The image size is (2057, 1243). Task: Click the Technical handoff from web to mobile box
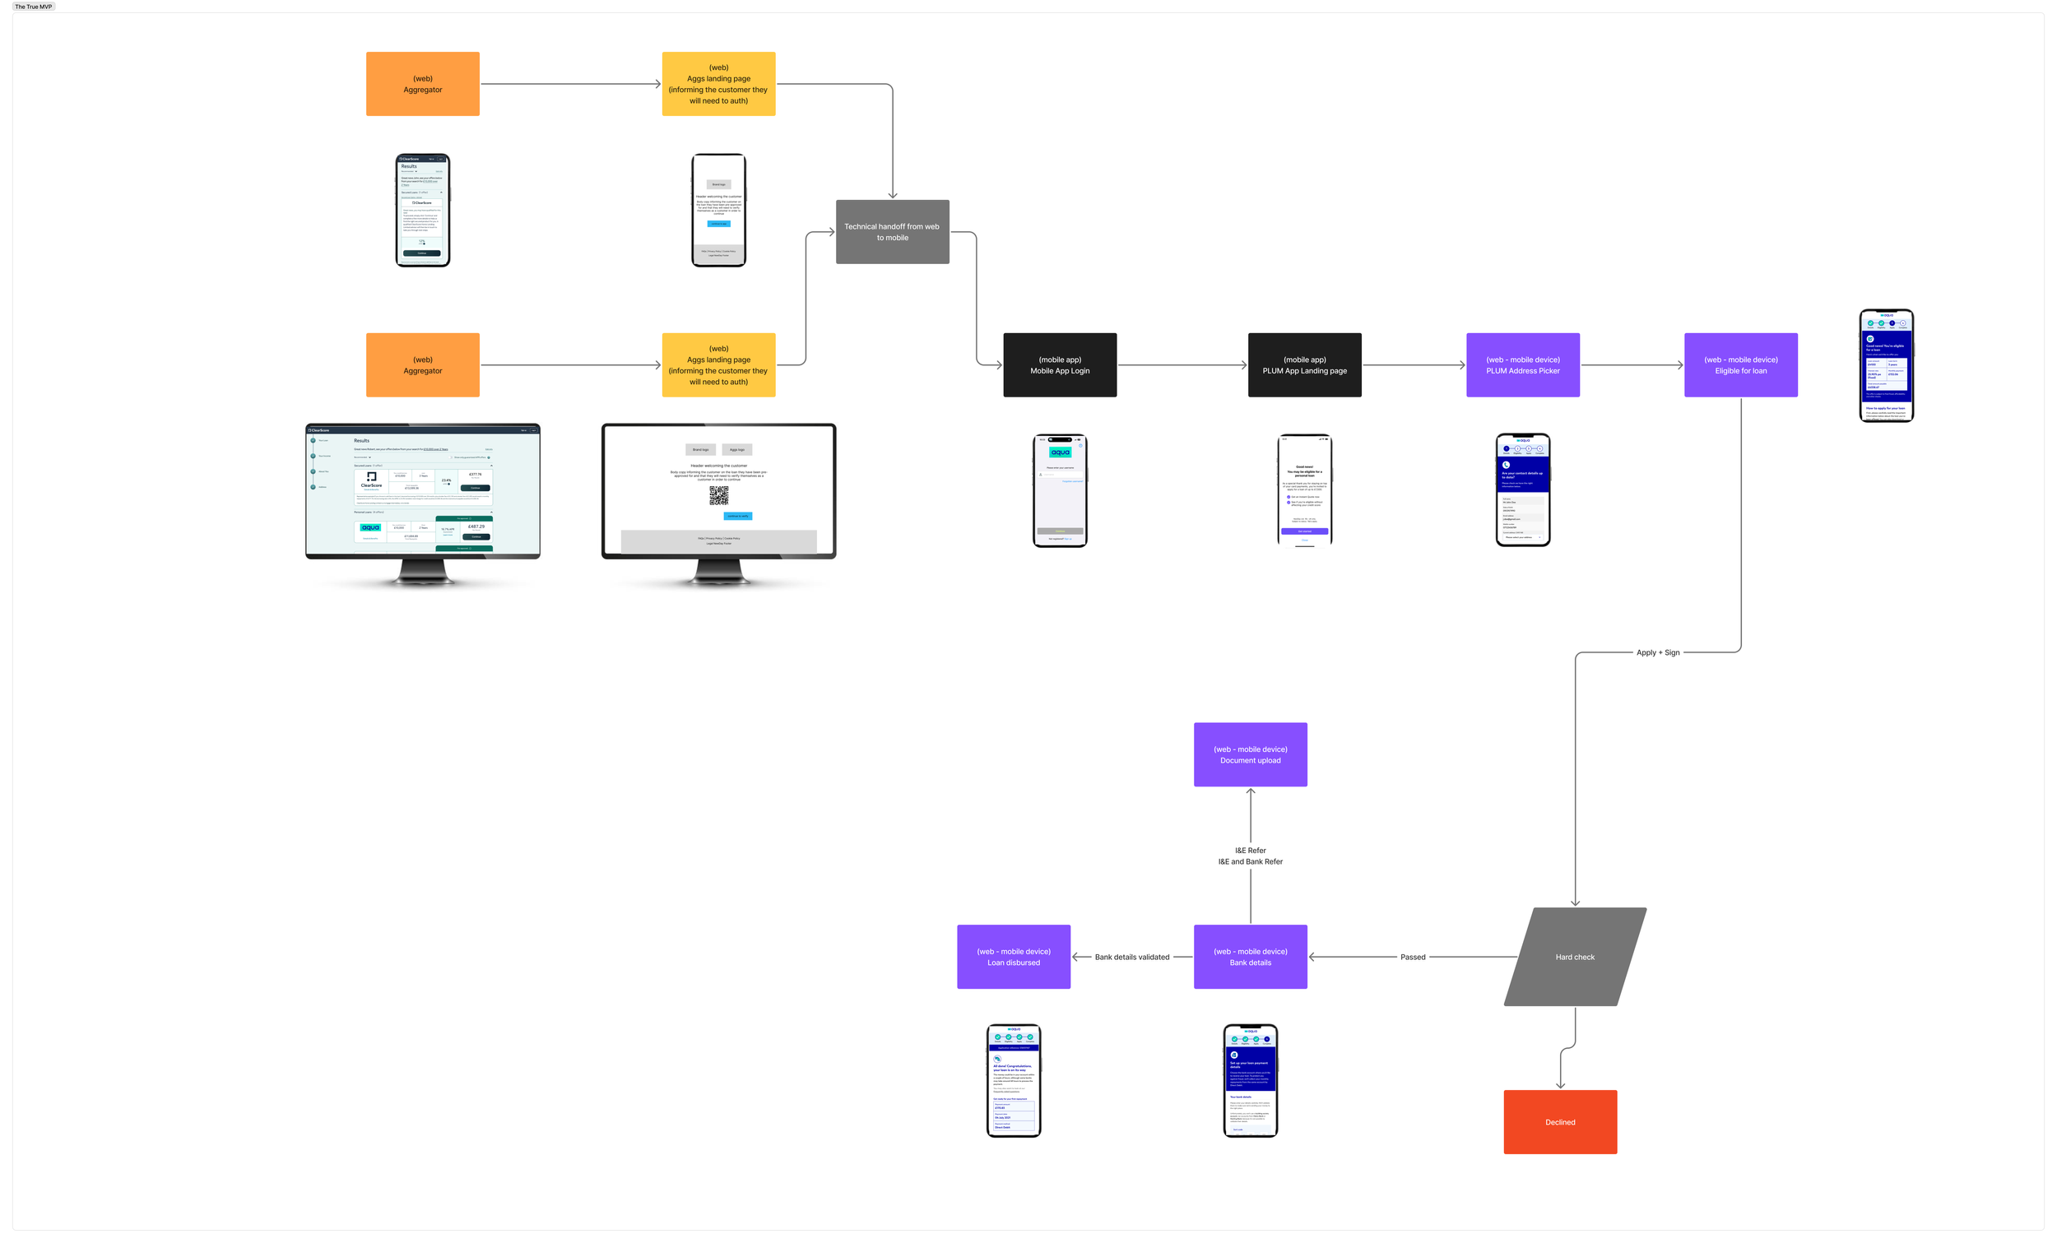[892, 232]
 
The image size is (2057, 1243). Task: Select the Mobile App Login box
[1060, 364]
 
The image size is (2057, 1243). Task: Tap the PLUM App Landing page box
[1304, 364]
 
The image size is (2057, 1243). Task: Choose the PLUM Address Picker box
[1523, 364]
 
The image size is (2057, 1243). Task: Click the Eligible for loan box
[1740, 364]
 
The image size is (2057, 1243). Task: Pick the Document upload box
[1250, 754]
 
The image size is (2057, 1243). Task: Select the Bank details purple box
[1250, 957]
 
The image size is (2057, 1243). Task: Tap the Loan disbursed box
[1014, 957]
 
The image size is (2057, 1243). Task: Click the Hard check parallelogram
[1575, 957]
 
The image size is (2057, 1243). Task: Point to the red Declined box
[1559, 1122]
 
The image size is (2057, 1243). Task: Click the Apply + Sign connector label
[1657, 653]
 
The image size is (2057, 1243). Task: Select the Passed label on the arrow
[1413, 958]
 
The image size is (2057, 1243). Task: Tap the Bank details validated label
[1131, 958]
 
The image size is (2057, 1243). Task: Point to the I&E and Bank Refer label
[1250, 861]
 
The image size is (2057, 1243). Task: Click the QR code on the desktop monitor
[718, 496]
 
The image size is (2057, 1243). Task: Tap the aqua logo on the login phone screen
[1061, 452]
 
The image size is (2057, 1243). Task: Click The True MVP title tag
[34, 7]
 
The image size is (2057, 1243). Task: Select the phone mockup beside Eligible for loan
[1886, 365]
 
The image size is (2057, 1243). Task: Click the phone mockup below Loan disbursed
[1014, 1080]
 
